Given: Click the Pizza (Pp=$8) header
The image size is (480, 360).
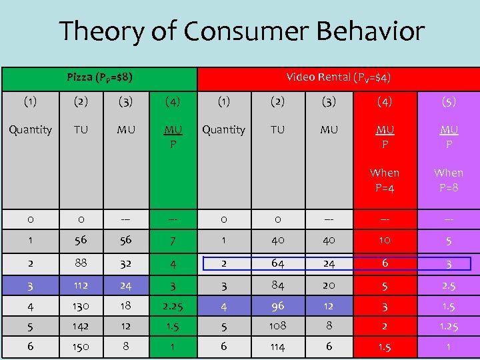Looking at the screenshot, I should pyautogui.click(x=99, y=77).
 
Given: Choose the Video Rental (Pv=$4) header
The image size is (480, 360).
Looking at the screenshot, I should pyautogui.click(x=338, y=77).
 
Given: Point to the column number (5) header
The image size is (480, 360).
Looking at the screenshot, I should pyautogui.click(x=449, y=102).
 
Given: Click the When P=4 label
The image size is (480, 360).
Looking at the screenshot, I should pyautogui.click(x=385, y=180).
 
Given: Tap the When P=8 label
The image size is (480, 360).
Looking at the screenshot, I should pyautogui.click(x=449, y=180).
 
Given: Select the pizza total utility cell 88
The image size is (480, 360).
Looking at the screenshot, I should pyautogui.click(x=81, y=263).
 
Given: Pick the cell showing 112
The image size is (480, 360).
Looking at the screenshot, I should pyautogui.click(x=81, y=287).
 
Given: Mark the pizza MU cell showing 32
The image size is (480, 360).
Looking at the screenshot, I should pyautogui.click(x=125, y=263).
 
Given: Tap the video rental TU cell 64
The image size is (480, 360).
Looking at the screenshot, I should pyautogui.click(x=277, y=263).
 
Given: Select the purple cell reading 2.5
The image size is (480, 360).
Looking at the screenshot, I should pyautogui.click(x=449, y=287).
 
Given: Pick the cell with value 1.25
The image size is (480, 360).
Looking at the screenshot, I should pyautogui.click(x=449, y=327).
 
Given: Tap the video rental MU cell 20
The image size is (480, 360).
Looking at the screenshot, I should pyautogui.click(x=329, y=287).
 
